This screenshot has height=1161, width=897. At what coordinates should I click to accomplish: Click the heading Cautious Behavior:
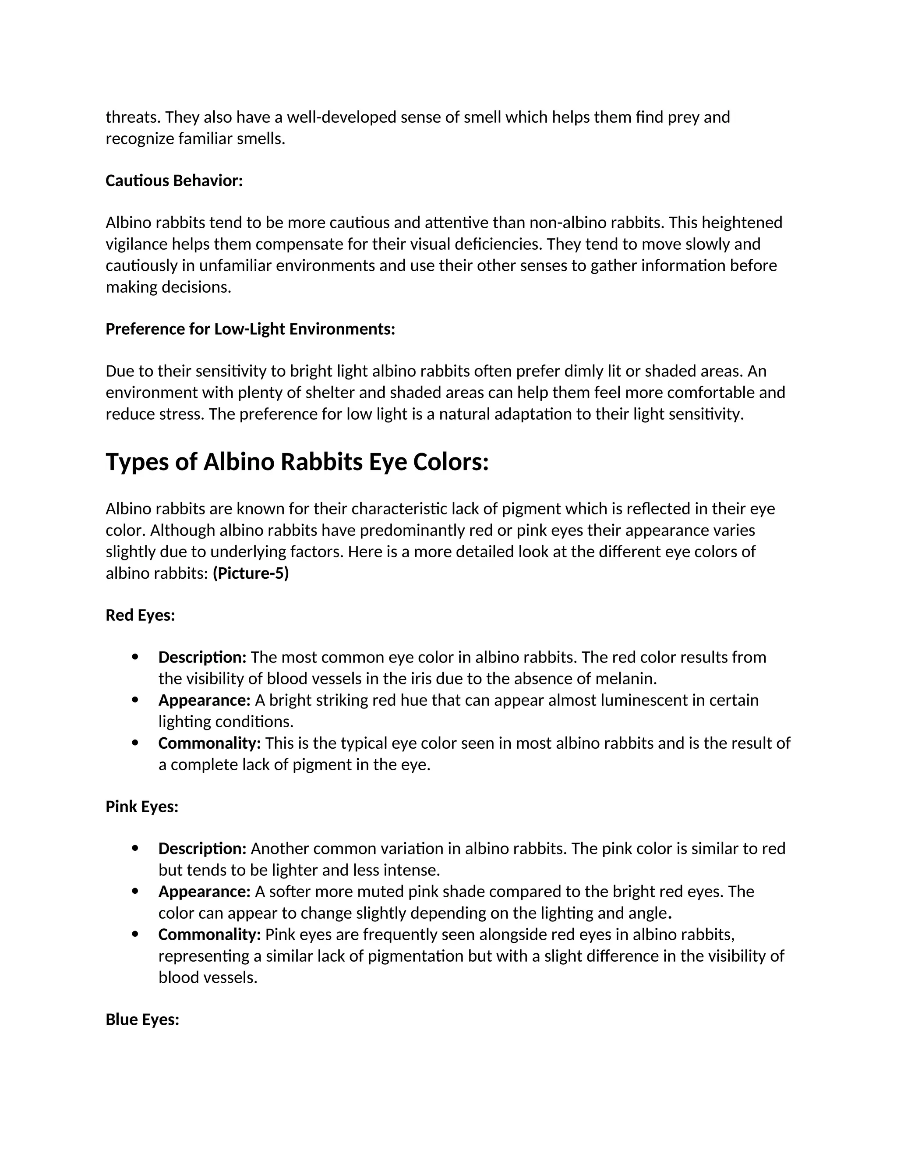(x=174, y=181)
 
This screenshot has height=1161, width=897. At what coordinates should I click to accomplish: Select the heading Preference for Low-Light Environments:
(x=250, y=329)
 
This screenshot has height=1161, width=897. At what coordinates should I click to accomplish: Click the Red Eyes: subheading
(x=140, y=615)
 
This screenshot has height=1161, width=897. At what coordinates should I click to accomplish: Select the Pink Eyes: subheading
(x=142, y=807)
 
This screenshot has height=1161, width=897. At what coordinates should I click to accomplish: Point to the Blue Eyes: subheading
(x=142, y=1019)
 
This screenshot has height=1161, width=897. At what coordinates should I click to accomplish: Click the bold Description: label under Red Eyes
(x=202, y=657)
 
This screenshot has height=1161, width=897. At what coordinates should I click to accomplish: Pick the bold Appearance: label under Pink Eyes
(x=204, y=891)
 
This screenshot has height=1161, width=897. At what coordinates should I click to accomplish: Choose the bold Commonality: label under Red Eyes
(x=209, y=743)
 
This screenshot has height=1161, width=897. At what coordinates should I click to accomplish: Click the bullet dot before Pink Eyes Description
(x=135, y=849)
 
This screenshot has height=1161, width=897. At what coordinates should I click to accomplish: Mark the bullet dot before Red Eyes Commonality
(x=135, y=743)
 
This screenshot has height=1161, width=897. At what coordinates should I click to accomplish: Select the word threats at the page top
(x=133, y=117)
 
